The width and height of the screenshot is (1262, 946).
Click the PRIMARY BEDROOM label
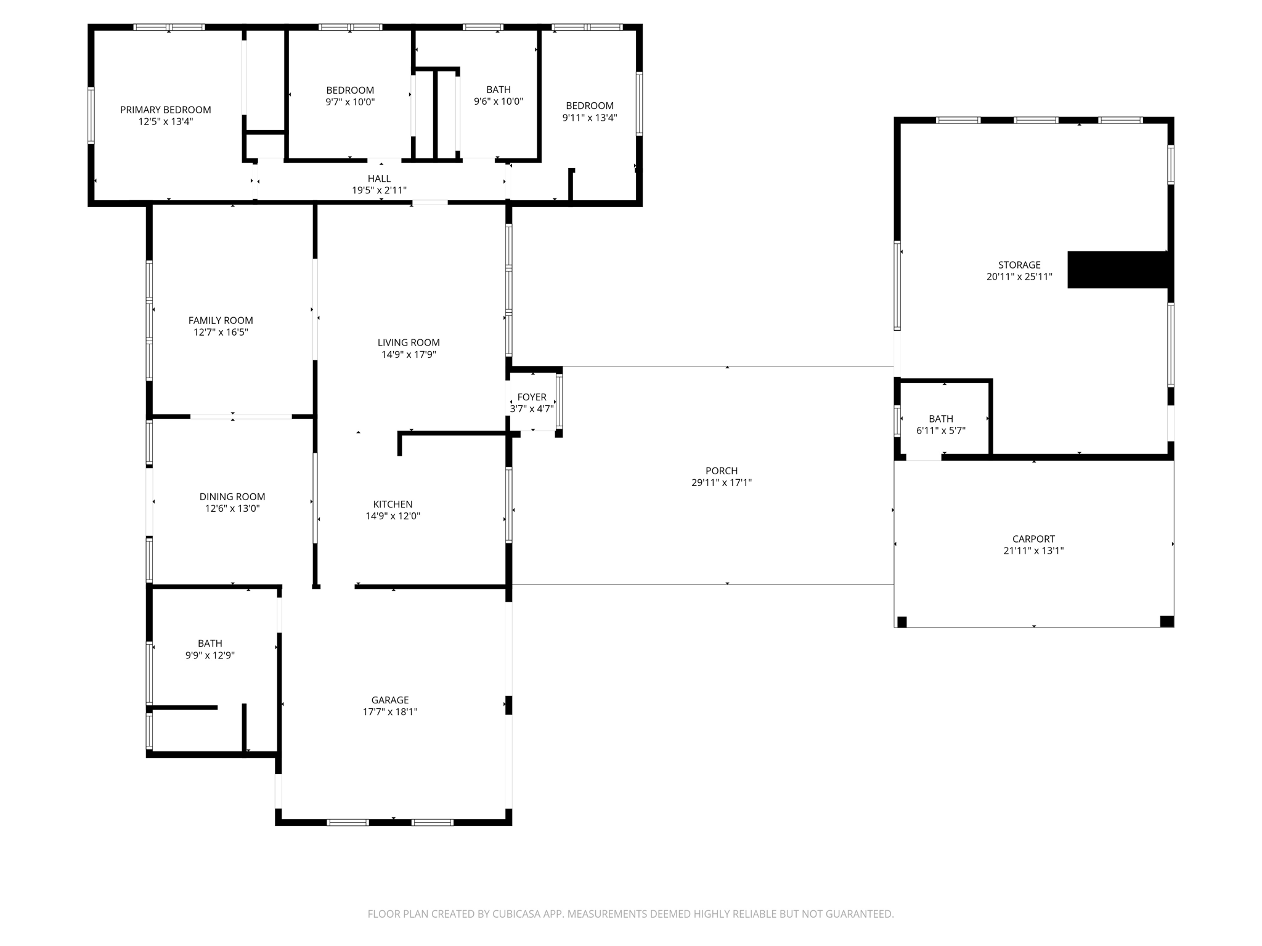[165, 110]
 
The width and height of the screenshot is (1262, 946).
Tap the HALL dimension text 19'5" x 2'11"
[379, 191]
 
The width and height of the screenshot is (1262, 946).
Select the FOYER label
[532, 397]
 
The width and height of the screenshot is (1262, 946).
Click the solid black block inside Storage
[1118, 270]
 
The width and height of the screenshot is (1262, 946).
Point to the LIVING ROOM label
[409, 343]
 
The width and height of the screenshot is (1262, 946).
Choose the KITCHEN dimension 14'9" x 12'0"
[393, 516]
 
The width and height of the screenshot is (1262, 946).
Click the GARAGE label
[390, 700]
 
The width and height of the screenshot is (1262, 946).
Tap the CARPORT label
[1033, 539]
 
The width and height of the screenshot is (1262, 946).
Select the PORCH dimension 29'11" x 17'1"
[721, 483]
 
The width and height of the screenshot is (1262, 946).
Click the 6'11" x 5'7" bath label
[941, 419]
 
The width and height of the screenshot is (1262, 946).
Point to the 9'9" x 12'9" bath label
[210, 644]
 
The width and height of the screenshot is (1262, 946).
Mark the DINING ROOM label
[232, 497]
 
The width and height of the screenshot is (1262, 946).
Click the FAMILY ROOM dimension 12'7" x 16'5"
[221, 333]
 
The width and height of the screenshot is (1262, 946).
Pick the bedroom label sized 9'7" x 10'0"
[350, 91]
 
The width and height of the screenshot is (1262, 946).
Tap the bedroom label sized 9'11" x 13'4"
[590, 106]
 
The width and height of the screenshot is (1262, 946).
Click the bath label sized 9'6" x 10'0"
[498, 90]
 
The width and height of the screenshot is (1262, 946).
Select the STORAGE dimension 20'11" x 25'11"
[1019, 277]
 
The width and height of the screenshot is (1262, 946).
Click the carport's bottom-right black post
[1166, 621]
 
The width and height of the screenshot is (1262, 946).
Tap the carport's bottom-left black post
[902, 622]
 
